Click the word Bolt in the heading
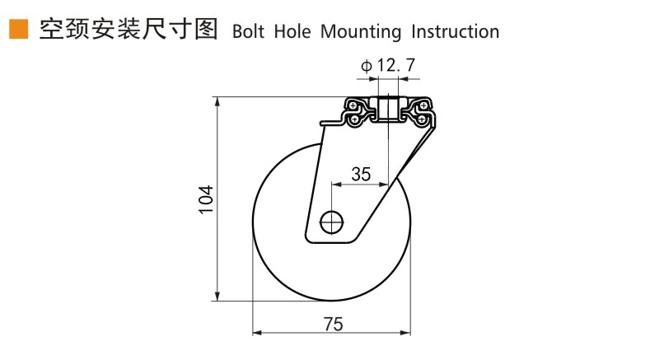(250, 31)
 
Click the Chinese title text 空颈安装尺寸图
(128, 30)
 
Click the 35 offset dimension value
(361, 174)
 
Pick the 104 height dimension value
(206, 200)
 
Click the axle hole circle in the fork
(331, 221)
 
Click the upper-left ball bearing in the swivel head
(353, 106)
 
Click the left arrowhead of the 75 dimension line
(256, 333)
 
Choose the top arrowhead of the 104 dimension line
(217, 101)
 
